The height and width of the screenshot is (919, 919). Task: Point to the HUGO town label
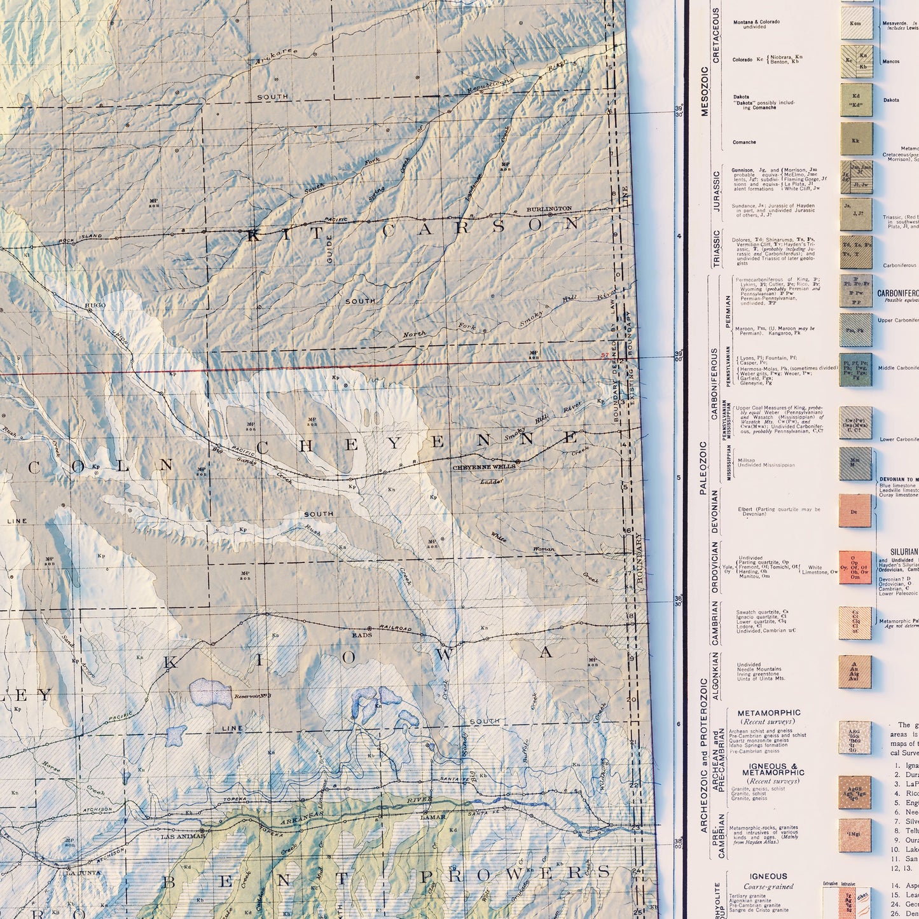[95, 306]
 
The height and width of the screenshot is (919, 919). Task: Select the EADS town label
[361, 635]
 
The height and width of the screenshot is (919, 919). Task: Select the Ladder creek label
[492, 481]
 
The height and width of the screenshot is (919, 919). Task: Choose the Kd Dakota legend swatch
[856, 100]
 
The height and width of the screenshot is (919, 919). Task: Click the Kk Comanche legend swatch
[856, 139]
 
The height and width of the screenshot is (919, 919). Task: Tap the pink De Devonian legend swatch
[855, 510]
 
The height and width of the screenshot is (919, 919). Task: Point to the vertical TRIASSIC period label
[717, 248]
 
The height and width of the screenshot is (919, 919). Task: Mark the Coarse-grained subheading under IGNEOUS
[768, 886]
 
